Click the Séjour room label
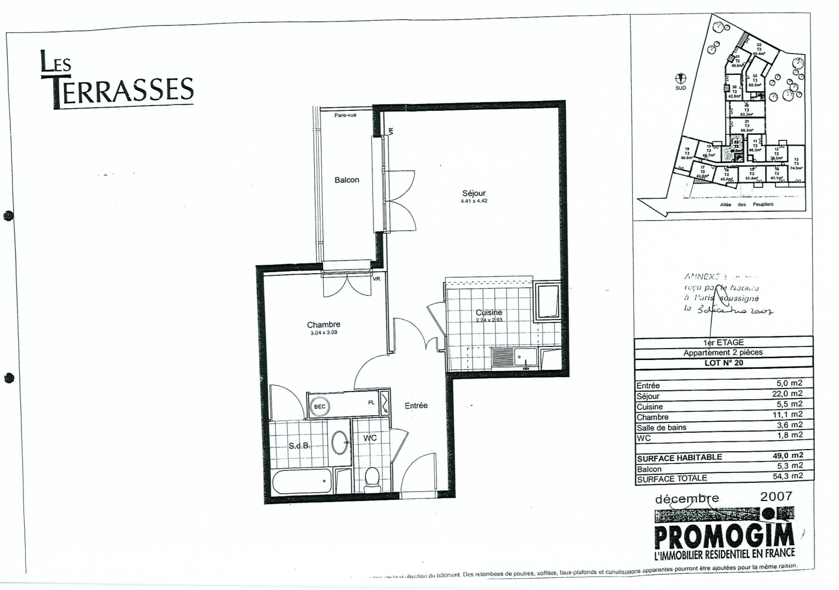click(474, 193)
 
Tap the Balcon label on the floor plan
click(347, 180)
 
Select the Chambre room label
click(324, 324)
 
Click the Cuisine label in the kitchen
click(489, 312)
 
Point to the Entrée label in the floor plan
click(416, 405)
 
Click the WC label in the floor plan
click(370, 438)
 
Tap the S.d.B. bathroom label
click(299, 446)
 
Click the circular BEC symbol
click(319, 406)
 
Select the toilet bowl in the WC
click(372, 477)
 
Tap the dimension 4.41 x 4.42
click(474, 201)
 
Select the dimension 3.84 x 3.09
click(324, 332)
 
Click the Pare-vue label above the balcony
click(345, 115)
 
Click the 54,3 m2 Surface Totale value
click(788, 476)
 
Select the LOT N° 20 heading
click(723, 363)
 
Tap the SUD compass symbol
click(681, 79)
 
